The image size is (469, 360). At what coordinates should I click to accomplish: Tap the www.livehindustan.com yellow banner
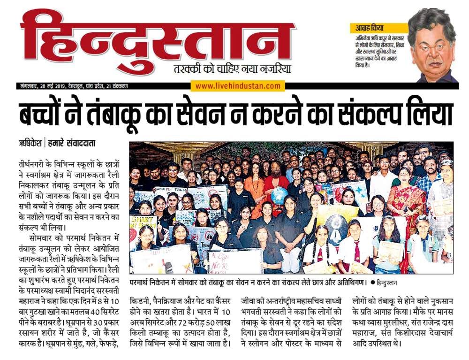[238, 86]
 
